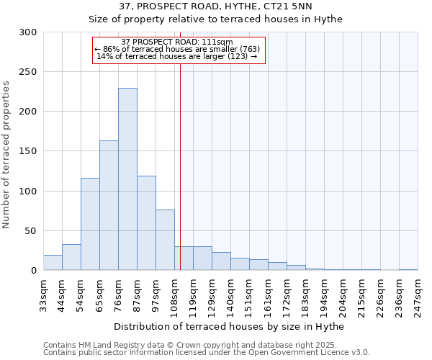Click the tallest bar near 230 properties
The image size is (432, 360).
tap(127, 179)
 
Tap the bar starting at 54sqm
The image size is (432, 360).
tap(90, 224)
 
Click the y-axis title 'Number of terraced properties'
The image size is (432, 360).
tap(6, 155)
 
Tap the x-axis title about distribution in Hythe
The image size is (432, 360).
tap(230, 326)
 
